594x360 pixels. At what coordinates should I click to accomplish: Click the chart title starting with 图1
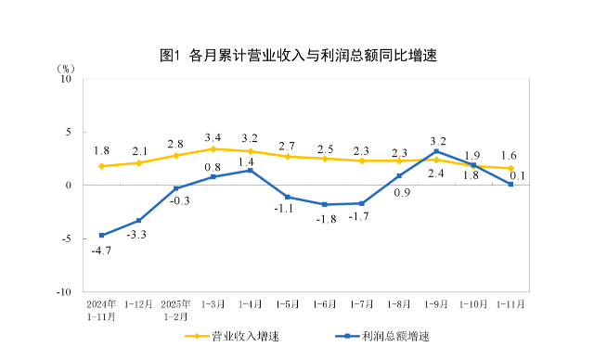click(297, 55)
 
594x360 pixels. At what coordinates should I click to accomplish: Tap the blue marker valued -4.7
click(101, 235)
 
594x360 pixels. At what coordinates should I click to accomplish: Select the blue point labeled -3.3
click(138, 220)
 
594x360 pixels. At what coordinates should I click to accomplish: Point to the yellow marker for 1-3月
click(213, 148)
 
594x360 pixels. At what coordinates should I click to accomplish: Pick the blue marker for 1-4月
click(250, 170)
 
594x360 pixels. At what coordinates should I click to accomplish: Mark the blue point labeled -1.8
click(325, 204)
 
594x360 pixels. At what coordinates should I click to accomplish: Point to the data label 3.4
click(213, 137)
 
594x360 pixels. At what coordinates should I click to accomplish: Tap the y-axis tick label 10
click(66, 79)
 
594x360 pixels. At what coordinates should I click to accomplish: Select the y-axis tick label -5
click(66, 238)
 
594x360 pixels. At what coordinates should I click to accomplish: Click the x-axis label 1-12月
click(138, 303)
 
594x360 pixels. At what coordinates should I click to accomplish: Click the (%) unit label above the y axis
click(64, 67)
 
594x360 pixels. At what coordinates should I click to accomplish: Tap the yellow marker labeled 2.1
click(138, 162)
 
